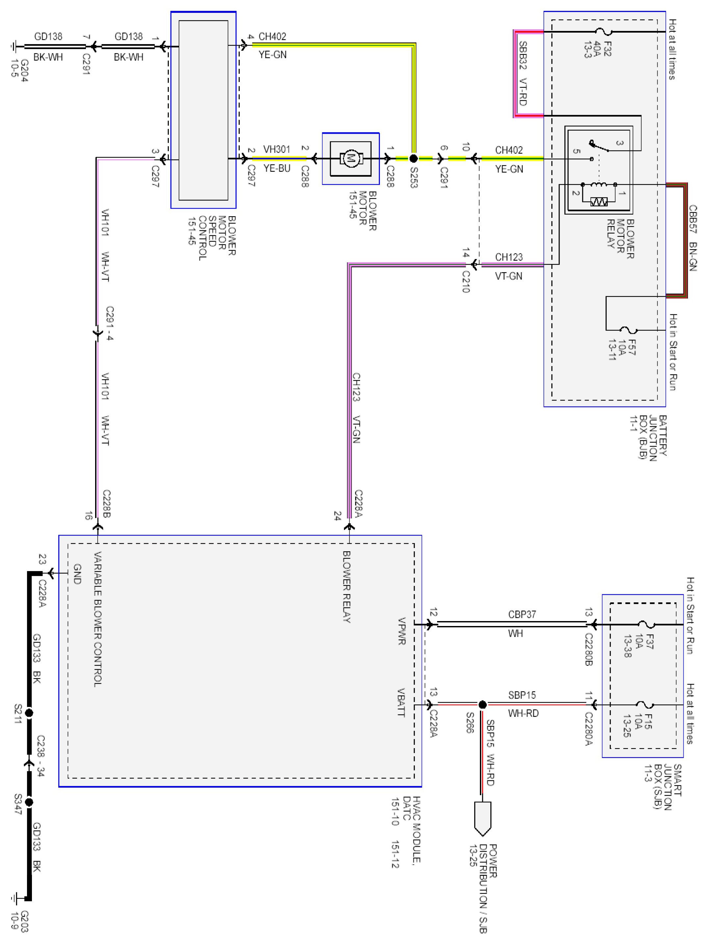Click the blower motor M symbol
[x=351, y=159]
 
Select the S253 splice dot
[x=413, y=159]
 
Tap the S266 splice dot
[x=482, y=705]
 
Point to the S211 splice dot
[x=29, y=713]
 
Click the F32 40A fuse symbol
[x=603, y=32]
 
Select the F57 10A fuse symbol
[x=628, y=330]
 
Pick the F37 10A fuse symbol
[x=646, y=624]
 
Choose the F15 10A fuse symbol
[x=646, y=705]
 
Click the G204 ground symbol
[x=15, y=46]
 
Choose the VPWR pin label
[x=402, y=631]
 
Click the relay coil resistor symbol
[x=599, y=202]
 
